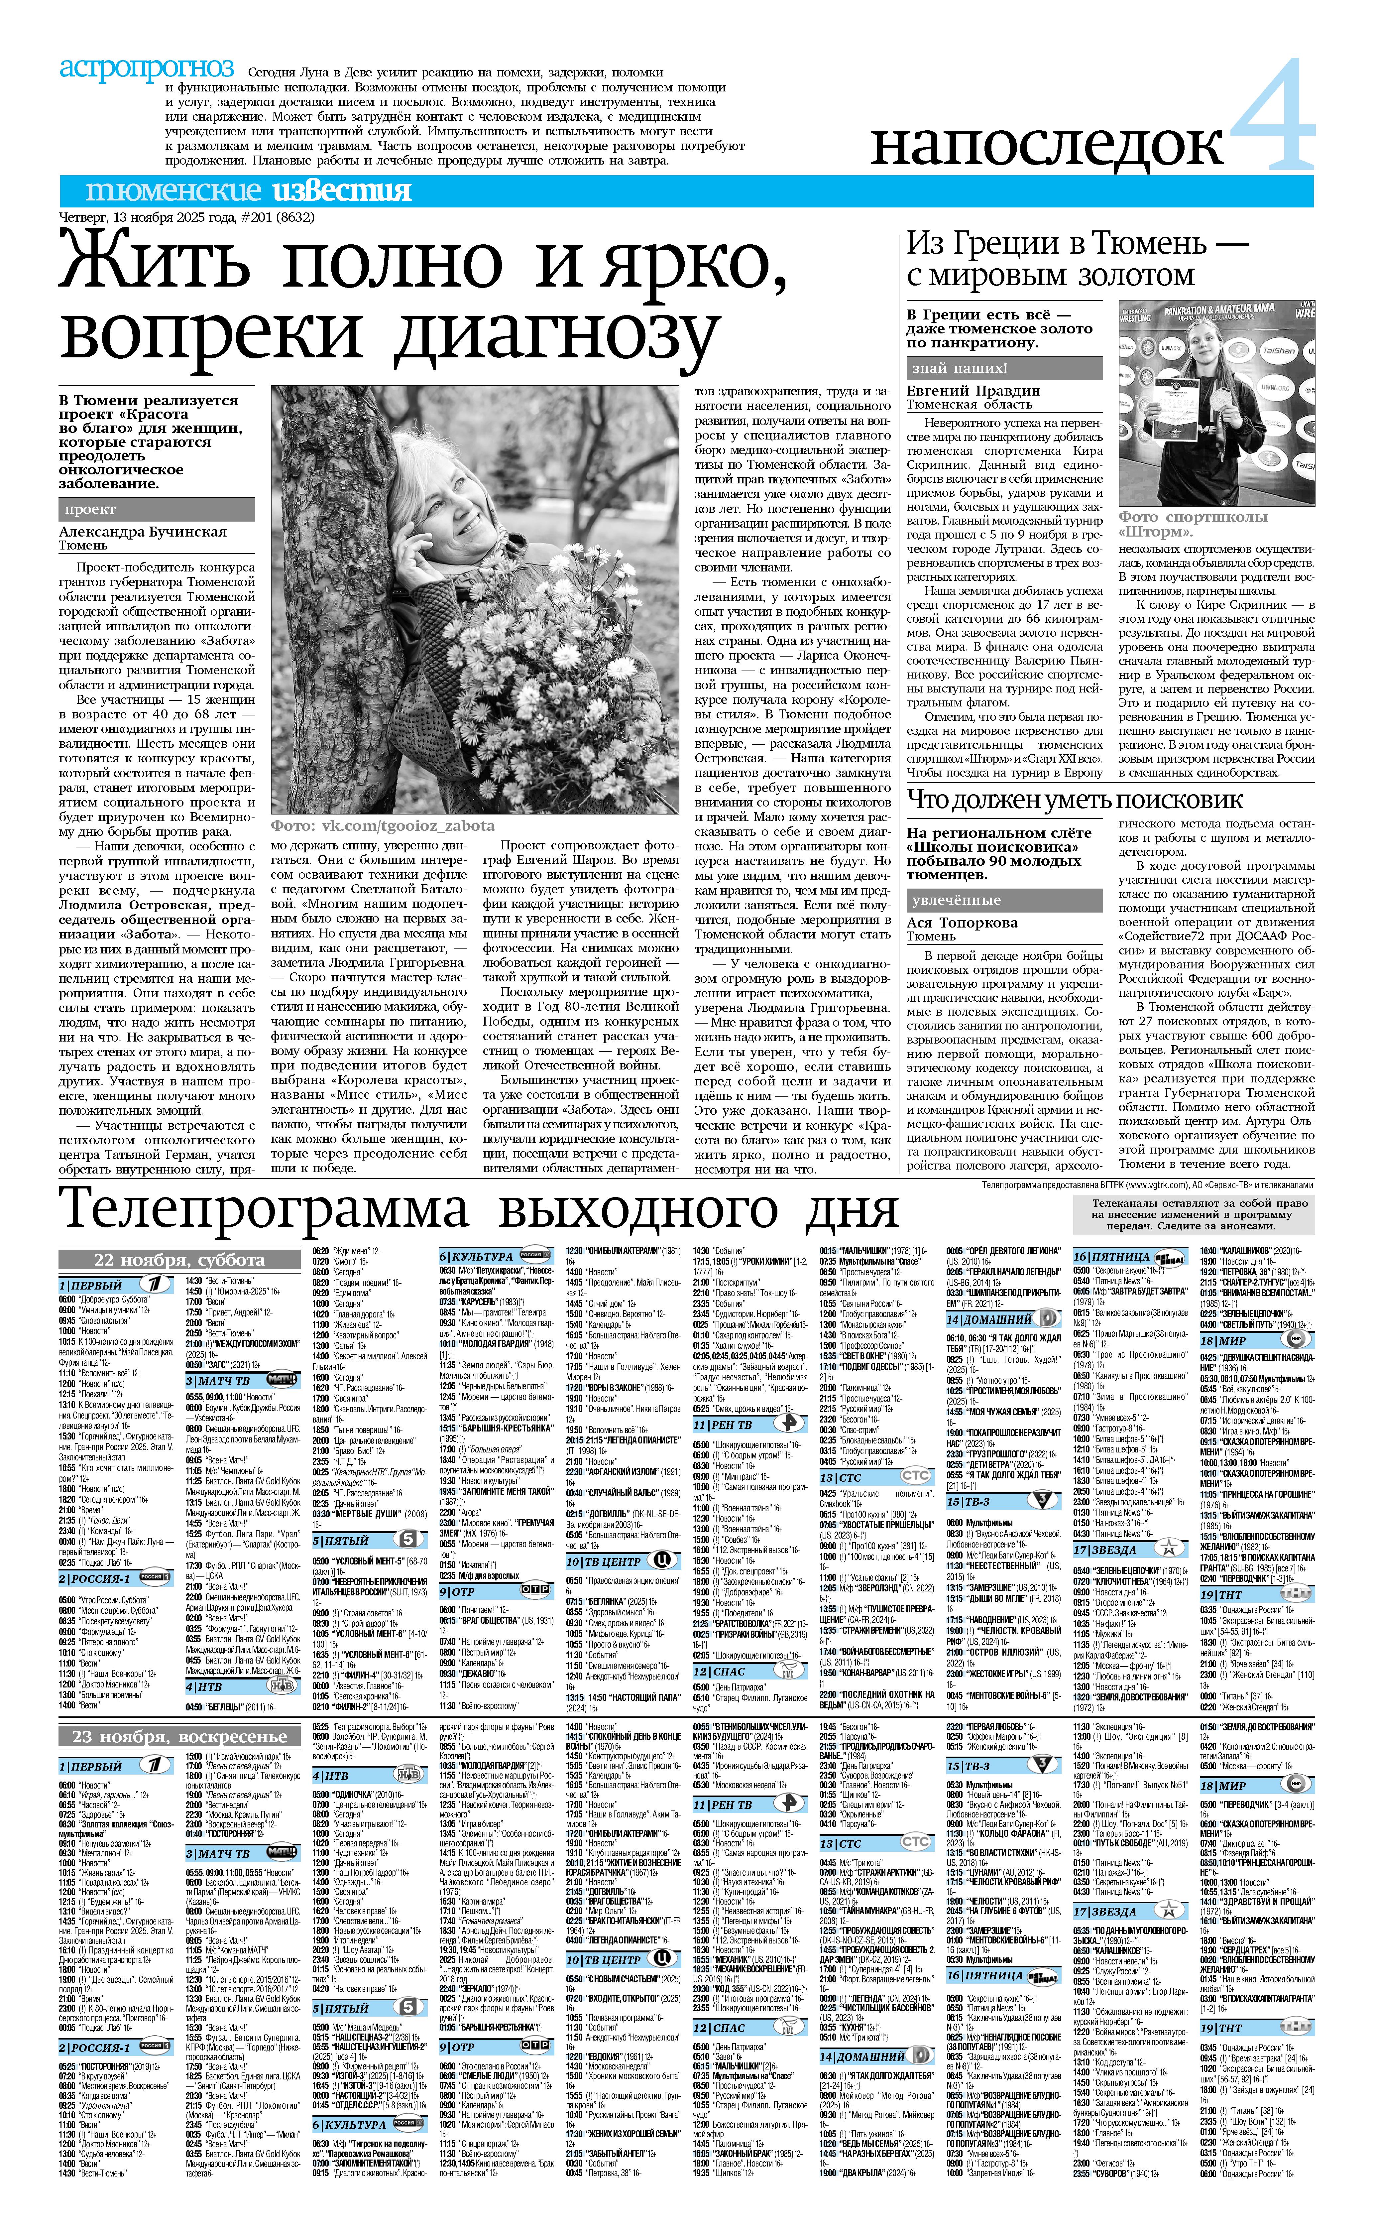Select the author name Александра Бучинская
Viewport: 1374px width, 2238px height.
pyautogui.click(x=143, y=532)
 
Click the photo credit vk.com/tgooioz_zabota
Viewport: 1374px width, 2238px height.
pyautogui.click(x=382, y=825)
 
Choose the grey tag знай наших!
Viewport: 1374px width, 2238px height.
pyautogui.click(x=959, y=368)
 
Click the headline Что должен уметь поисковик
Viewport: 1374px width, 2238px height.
pyautogui.click(x=1075, y=800)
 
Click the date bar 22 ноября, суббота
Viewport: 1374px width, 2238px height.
pyautogui.click(x=180, y=1259)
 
